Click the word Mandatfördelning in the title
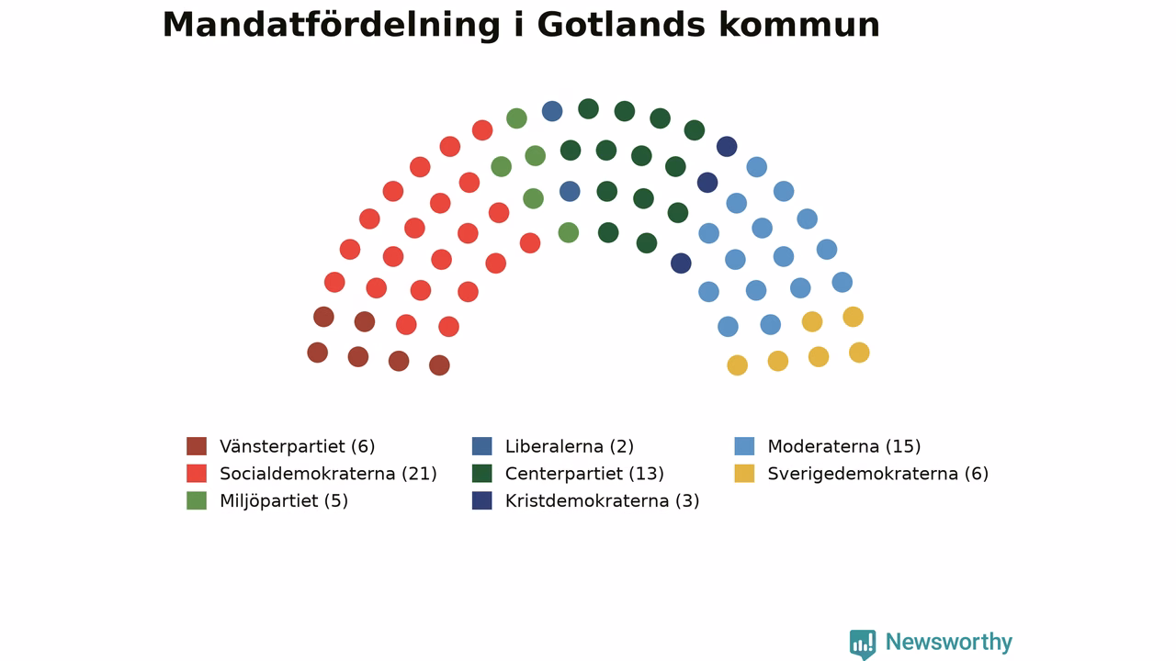[x=332, y=25]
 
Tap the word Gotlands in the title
[x=621, y=25]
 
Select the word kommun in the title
[x=799, y=25]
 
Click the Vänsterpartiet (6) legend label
[x=297, y=446]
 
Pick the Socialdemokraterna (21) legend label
[x=328, y=474]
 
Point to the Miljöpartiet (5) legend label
[x=284, y=501]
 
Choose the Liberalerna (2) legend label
[x=569, y=446]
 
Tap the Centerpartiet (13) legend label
[x=584, y=474]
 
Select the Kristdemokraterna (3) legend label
[x=602, y=501]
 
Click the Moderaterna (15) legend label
[x=844, y=446]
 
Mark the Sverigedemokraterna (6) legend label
[x=877, y=474]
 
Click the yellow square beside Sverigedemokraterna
[x=744, y=473]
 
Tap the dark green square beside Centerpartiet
[x=482, y=473]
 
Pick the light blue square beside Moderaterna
[x=744, y=446]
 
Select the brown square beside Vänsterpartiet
[x=197, y=446]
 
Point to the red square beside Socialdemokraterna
[x=197, y=473]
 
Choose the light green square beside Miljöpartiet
[x=197, y=500]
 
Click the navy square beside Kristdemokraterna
[x=482, y=500]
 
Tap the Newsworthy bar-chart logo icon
[x=863, y=644]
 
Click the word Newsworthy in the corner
[x=949, y=642]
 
